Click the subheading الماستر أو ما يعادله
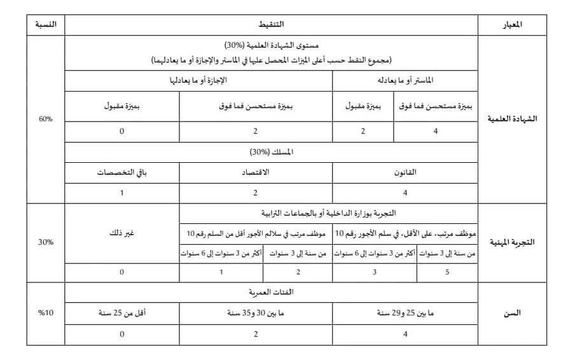[405, 81]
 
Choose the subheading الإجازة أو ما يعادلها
[198, 81]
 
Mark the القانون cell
[405, 172]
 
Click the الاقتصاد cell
[255, 172]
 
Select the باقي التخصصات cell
[122, 172]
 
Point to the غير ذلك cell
[122, 233]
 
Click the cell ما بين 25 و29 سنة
[405, 314]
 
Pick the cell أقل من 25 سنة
[122, 314]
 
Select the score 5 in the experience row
[447, 272]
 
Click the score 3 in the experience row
[375, 272]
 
